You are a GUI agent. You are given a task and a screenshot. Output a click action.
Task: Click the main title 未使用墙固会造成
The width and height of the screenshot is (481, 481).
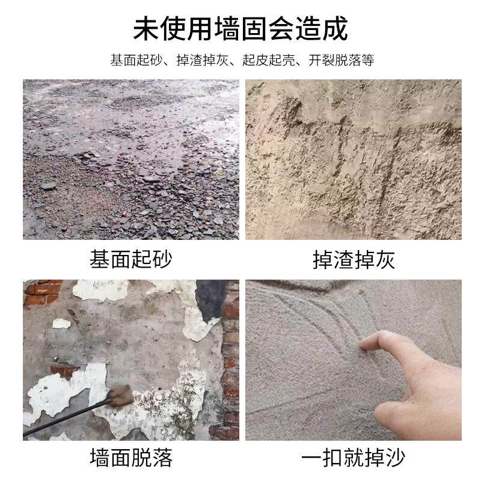tap(240, 28)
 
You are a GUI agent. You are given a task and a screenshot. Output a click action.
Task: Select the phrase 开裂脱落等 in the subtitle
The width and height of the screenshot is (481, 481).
tap(342, 61)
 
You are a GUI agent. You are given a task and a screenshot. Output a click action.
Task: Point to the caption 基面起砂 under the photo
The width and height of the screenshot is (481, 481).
tap(131, 259)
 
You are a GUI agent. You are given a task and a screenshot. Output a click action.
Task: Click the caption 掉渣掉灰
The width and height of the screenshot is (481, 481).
tap(354, 259)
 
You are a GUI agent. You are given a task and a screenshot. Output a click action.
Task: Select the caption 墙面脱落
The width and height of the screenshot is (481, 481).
tap(131, 458)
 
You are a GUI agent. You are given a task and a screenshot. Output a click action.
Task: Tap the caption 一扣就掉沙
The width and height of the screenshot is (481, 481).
tap(354, 458)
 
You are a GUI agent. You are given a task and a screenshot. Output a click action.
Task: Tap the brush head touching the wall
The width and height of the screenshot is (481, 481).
tap(121, 396)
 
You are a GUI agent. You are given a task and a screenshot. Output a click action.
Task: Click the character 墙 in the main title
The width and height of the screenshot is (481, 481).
tap(240, 28)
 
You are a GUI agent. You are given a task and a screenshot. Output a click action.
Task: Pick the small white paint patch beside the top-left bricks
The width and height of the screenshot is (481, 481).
tap(61, 323)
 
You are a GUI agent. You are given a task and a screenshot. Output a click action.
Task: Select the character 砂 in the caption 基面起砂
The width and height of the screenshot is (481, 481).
tap(162, 259)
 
